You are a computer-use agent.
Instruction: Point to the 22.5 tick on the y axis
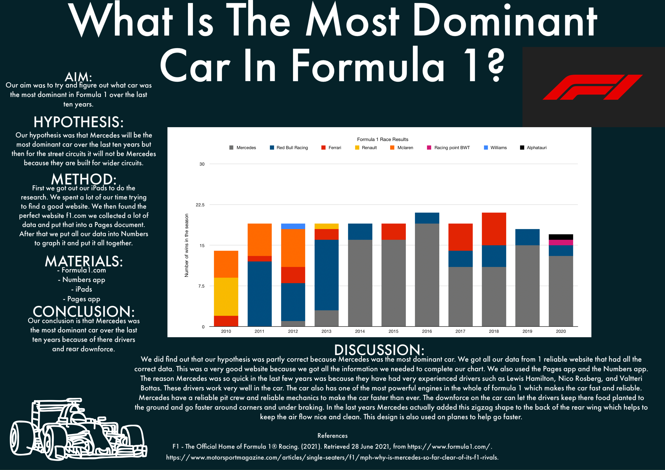(200, 205)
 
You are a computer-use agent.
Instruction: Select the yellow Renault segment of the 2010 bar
(226, 297)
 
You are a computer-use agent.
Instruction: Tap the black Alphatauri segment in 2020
(561, 237)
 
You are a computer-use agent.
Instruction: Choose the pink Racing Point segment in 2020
(561, 242)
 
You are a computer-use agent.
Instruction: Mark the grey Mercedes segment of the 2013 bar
(326, 318)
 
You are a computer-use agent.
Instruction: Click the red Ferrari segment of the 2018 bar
(494, 229)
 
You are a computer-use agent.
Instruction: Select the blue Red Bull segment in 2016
(427, 218)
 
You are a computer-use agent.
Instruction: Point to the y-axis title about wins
(186, 245)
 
